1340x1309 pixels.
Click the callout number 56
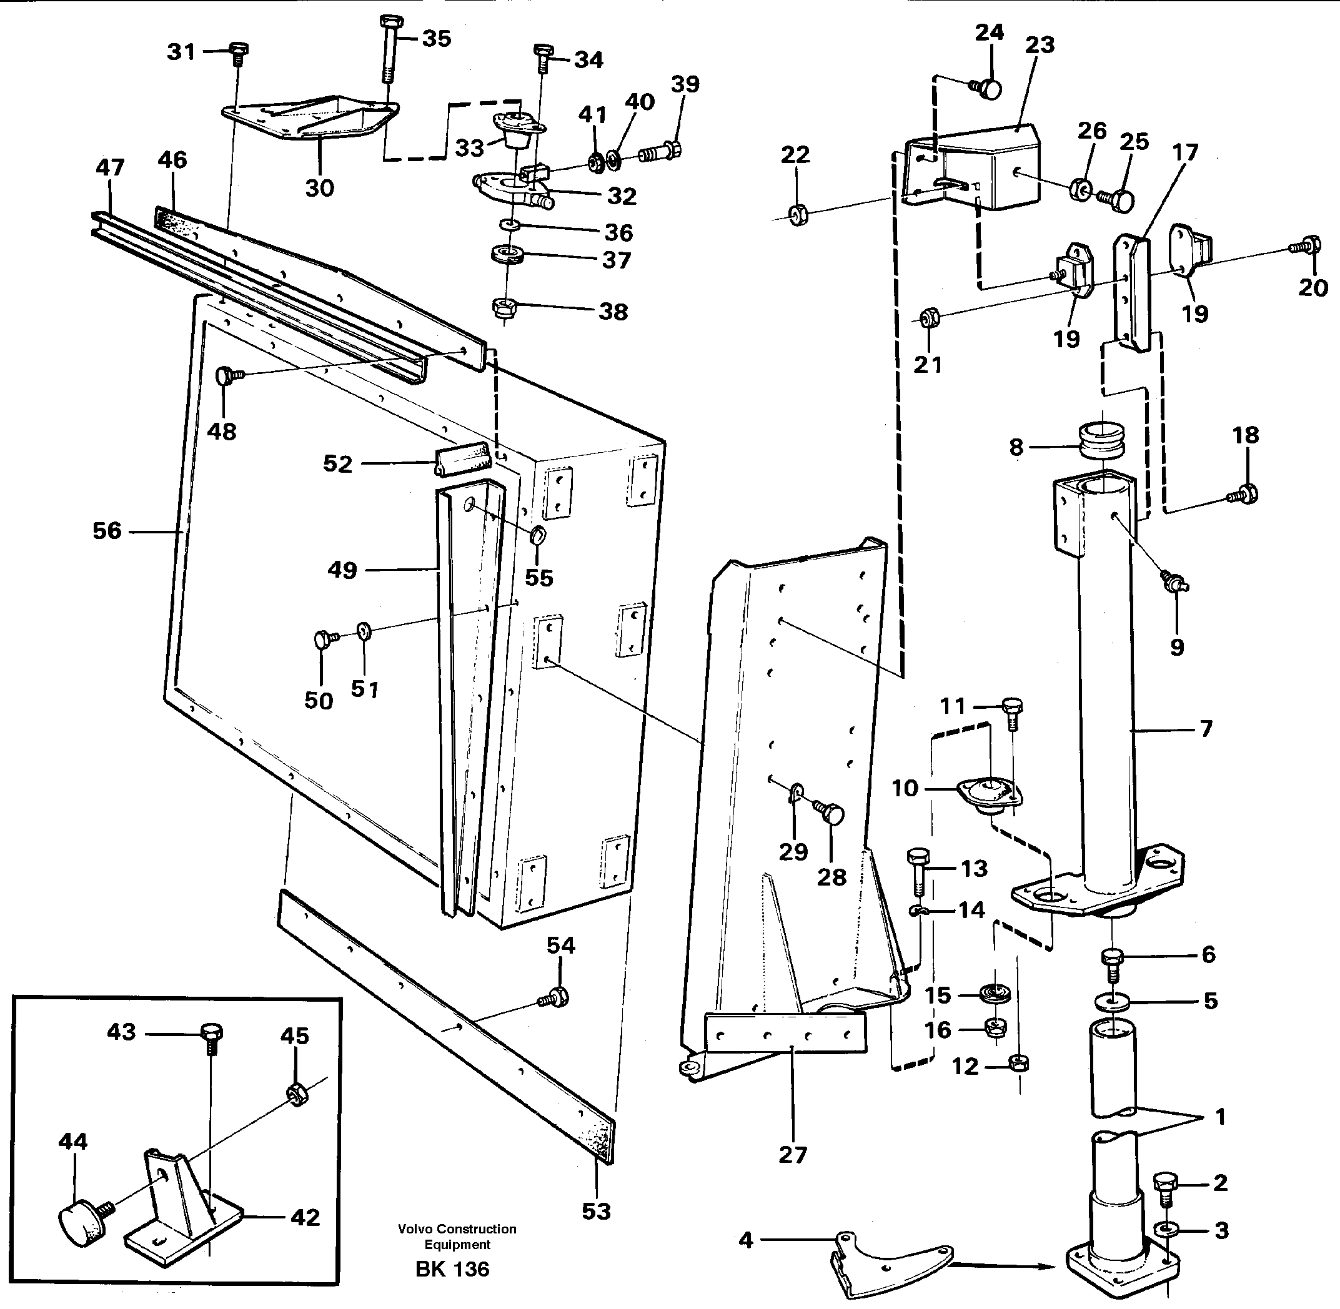pyautogui.click(x=107, y=531)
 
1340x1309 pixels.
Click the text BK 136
pyautogui.click(x=452, y=1268)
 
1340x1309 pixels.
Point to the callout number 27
pyautogui.click(x=792, y=1154)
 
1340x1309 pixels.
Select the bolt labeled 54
pyautogui.click(x=556, y=997)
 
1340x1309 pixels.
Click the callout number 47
pyautogui.click(x=109, y=167)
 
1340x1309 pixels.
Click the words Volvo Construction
pyautogui.click(x=457, y=1228)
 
